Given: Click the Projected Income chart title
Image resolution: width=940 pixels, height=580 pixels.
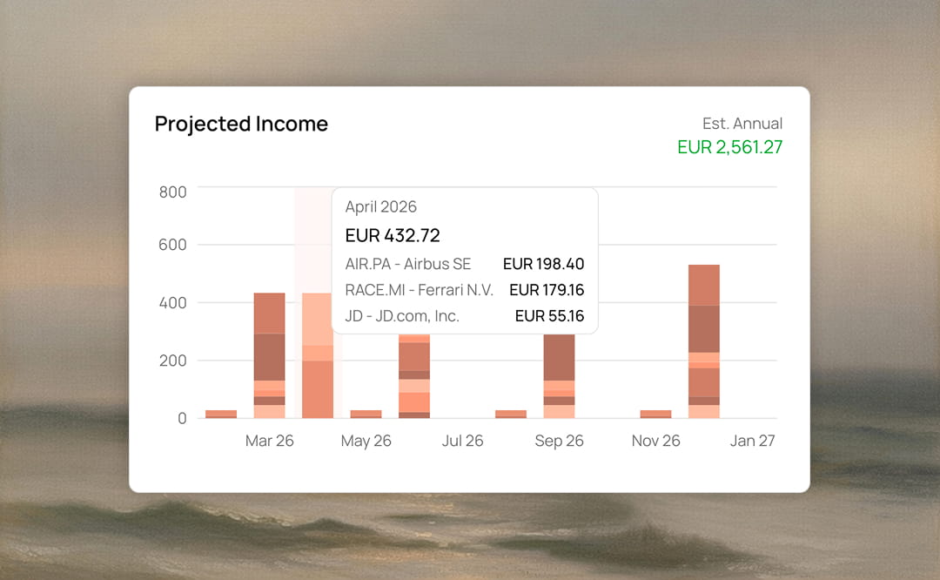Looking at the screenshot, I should point(241,125).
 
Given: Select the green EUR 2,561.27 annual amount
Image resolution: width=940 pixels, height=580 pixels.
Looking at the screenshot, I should point(729,147).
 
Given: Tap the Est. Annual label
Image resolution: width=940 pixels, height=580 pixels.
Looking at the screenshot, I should point(742,124).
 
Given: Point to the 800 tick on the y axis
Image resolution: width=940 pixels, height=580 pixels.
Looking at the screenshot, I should point(172,192).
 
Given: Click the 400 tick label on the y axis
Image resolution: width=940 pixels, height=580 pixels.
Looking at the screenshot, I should point(172,303).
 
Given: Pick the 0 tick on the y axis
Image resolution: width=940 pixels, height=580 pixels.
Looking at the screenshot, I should point(182,418).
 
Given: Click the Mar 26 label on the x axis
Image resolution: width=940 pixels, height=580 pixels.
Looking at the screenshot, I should point(270,441).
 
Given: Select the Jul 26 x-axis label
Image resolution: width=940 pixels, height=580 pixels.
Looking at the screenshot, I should point(462,441).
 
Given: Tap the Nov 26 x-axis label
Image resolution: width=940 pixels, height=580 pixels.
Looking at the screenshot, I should point(655,441).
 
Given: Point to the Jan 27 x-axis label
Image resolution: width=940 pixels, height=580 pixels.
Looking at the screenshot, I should point(752,441).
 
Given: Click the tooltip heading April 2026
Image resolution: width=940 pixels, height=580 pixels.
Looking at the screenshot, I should point(380,207).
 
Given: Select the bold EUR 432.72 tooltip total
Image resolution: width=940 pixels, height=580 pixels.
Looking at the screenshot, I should point(393,235).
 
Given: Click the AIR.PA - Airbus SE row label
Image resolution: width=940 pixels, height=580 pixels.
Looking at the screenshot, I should point(407,264).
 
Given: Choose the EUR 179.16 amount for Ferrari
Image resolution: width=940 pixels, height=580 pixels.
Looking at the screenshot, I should point(547,290).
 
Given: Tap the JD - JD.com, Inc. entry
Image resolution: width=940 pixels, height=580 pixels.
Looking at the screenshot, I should point(401,316).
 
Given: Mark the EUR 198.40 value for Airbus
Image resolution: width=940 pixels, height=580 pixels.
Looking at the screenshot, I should point(543,264).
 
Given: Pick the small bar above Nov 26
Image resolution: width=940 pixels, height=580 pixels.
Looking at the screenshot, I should point(655,414).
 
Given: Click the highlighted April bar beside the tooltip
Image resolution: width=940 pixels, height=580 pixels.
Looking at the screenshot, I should point(317,366).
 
